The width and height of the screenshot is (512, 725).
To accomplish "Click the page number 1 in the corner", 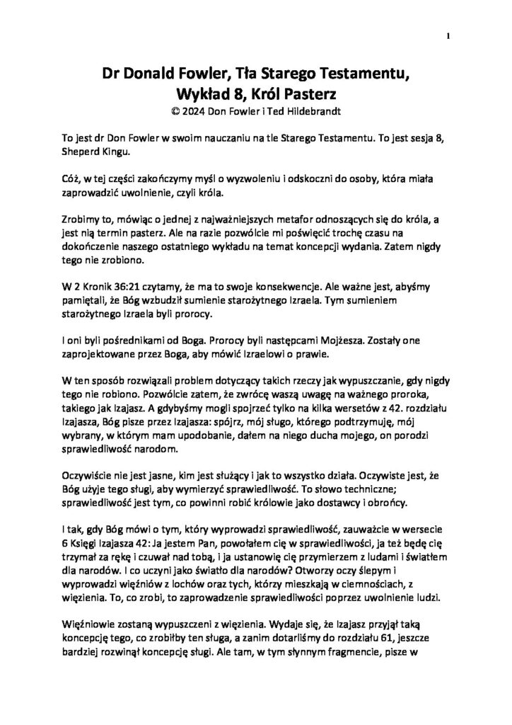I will pos(450,35).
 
